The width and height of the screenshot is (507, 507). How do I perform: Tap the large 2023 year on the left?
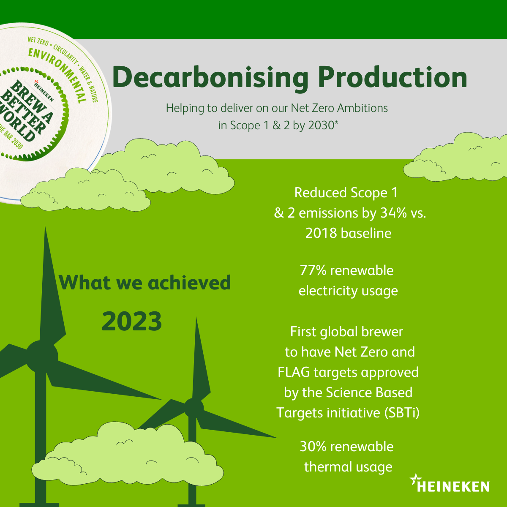131,321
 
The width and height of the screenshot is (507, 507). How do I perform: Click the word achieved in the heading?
189,283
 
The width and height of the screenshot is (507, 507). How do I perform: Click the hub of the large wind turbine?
42,356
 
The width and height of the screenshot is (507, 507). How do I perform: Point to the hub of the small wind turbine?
194,408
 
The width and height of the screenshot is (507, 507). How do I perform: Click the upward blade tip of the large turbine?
45,226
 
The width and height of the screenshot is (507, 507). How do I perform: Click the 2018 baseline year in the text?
321,233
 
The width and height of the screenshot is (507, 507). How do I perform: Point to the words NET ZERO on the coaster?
38,41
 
